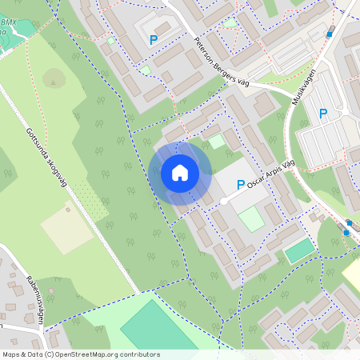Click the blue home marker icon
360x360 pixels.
[x=180, y=172]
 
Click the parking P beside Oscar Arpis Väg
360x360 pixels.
[x=241, y=184]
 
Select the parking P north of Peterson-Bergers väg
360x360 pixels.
[x=153, y=38]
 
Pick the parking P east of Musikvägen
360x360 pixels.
[x=323, y=114]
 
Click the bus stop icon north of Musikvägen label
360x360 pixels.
[x=330, y=34]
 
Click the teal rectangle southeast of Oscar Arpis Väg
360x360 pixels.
[x=299, y=251]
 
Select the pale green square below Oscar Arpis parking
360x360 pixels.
[x=251, y=218]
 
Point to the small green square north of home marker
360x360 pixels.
[x=217, y=141]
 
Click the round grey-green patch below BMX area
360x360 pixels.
[x=54, y=78]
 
